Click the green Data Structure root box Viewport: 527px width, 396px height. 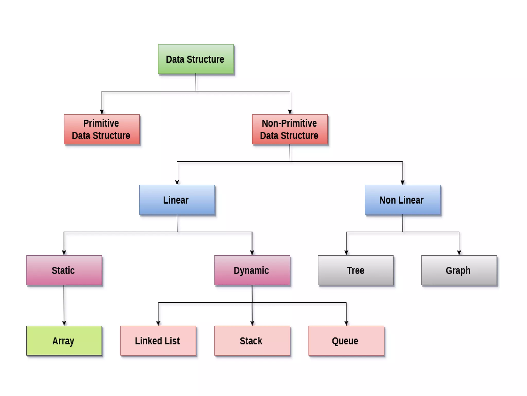196,59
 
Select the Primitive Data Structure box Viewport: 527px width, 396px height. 102,129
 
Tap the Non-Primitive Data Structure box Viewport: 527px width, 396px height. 290,129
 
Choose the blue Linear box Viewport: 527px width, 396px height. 177,200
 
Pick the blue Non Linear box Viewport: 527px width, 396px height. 402,200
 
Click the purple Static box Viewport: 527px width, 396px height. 64,270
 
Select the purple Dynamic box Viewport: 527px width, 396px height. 252,270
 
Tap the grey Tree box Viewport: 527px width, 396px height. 356,270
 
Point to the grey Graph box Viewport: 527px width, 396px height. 459,270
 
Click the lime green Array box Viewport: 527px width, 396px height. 64,341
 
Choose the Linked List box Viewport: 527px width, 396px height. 158,341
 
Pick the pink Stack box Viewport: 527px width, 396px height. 252,341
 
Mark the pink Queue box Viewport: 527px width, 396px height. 346,341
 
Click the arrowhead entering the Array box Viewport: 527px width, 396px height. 64,323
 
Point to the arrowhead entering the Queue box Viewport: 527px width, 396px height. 346,323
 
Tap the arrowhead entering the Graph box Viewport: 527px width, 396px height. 459,253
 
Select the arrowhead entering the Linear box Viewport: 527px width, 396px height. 177,183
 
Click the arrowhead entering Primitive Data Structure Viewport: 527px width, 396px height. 102,112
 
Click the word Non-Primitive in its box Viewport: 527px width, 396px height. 289,123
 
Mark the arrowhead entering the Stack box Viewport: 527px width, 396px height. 252,323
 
